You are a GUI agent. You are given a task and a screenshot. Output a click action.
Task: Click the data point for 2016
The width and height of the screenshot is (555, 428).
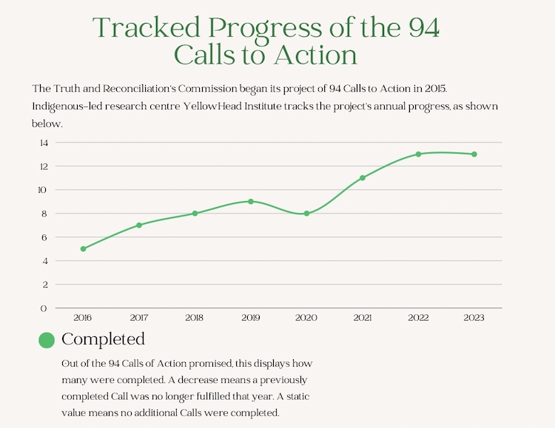(x=83, y=249)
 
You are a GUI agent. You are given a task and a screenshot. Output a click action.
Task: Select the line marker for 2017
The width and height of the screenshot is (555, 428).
(x=138, y=225)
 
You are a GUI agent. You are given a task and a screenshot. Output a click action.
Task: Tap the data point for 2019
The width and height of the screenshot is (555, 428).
(x=251, y=201)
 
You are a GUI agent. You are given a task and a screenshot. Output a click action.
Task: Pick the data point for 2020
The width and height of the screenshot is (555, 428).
(x=306, y=213)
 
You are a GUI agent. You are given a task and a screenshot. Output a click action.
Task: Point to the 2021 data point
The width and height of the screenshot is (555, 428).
(x=363, y=177)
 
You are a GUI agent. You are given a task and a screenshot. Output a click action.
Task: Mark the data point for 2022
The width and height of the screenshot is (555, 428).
(x=418, y=154)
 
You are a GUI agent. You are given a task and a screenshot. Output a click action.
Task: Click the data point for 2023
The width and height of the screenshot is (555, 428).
(x=474, y=154)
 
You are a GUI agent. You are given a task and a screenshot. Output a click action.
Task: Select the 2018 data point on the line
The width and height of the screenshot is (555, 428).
(x=195, y=213)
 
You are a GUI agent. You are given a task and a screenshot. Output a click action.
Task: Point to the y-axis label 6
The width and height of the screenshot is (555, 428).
(x=44, y=237)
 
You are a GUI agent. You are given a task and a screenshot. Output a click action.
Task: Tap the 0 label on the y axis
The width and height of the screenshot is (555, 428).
(x=44, y=308)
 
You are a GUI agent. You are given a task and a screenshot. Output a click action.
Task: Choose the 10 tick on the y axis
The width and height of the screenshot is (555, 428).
(x=43, y=190)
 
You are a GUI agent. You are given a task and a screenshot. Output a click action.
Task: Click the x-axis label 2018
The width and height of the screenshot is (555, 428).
(x=195, y=317)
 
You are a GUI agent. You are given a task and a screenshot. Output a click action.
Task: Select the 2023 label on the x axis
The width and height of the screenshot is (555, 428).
(x=474, y=317)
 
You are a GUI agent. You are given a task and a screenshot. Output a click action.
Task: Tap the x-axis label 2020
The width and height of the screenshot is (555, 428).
(x=306, y=317)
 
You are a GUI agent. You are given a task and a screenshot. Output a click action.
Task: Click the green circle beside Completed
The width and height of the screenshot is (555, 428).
(x=47, y=340)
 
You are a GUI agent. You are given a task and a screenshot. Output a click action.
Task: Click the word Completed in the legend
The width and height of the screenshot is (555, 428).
(x=103, y=339)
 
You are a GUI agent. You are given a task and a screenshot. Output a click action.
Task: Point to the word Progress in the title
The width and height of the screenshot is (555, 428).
(x=269, y=28)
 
